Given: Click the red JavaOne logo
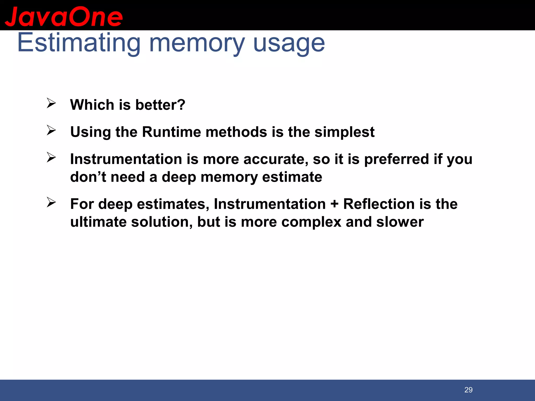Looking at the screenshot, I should click(64, 17).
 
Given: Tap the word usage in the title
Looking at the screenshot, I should click(289, 43).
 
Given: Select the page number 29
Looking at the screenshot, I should click(468, 390).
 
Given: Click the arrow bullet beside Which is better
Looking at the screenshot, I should click(51, 103).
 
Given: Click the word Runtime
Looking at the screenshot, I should click(171, 132).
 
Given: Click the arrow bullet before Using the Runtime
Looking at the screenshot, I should click(51, 130).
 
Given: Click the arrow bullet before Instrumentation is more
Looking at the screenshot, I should click(51, 157).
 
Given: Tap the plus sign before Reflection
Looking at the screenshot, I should click(334, 204).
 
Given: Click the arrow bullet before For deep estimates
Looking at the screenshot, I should click(51, 202).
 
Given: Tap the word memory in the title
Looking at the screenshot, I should click(197, 43).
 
